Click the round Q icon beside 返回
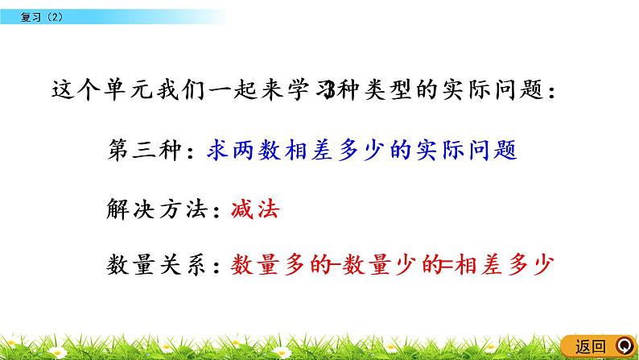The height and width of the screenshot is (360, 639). (x=623, y=346)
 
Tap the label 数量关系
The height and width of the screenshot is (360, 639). (x=154, y=265)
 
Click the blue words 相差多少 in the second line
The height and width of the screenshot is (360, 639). (x=346, y=151)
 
